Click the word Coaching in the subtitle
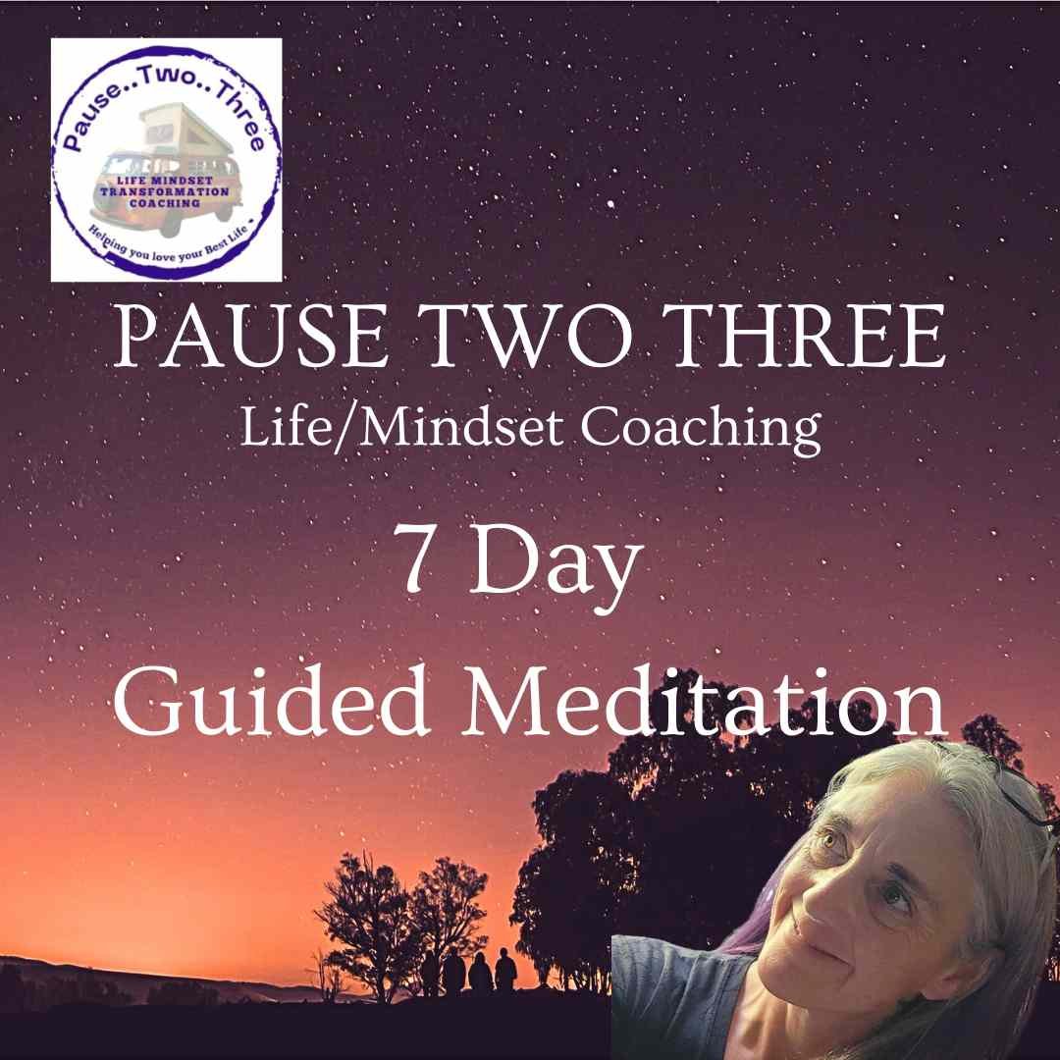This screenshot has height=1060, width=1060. pos(701,430)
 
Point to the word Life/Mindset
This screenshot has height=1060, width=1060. pos(401,429)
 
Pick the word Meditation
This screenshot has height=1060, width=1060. pos(703,701)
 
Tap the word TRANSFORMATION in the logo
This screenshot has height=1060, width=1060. pos(165,191)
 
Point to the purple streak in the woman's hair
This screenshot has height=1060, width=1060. pos(761,906)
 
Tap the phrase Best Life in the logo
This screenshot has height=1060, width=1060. pos(229,236)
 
